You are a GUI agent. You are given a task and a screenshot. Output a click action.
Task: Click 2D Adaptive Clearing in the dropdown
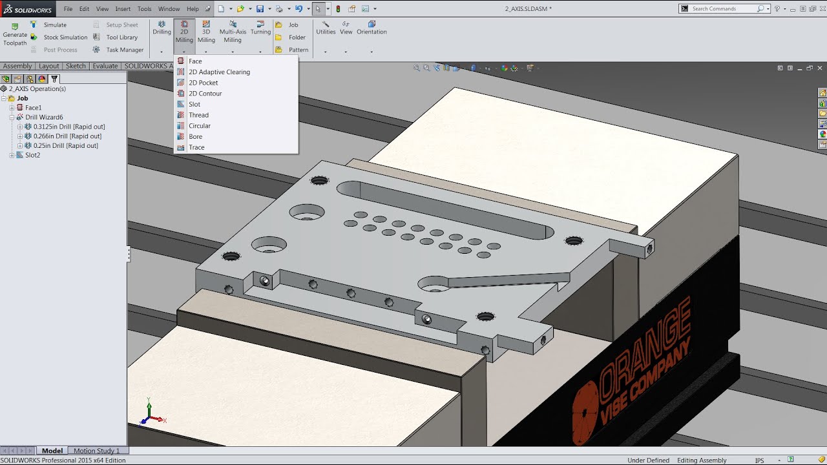219,72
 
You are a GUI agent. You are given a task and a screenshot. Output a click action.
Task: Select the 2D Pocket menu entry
203,83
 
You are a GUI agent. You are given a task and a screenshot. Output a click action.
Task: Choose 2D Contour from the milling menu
205,94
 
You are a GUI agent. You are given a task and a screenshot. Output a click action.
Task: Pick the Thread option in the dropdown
198,115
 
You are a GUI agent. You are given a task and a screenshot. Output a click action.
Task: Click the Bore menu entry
195,136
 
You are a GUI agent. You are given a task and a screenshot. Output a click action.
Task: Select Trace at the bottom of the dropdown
196,147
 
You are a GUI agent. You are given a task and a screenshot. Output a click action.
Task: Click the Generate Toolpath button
15,34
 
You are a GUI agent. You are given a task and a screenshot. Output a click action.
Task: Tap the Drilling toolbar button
162,28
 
